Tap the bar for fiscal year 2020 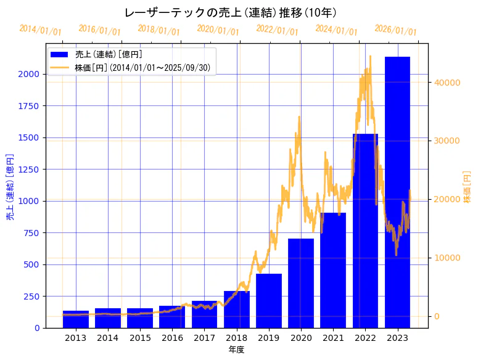coord(301,283)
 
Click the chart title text coord(231,13)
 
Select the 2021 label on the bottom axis coord(333,338)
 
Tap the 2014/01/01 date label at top coord(41,30)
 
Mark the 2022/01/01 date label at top coord(277,30)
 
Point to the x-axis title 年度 coord(236,350)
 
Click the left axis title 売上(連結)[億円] coord(10,187)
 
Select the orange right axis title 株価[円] coord(467,187)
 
